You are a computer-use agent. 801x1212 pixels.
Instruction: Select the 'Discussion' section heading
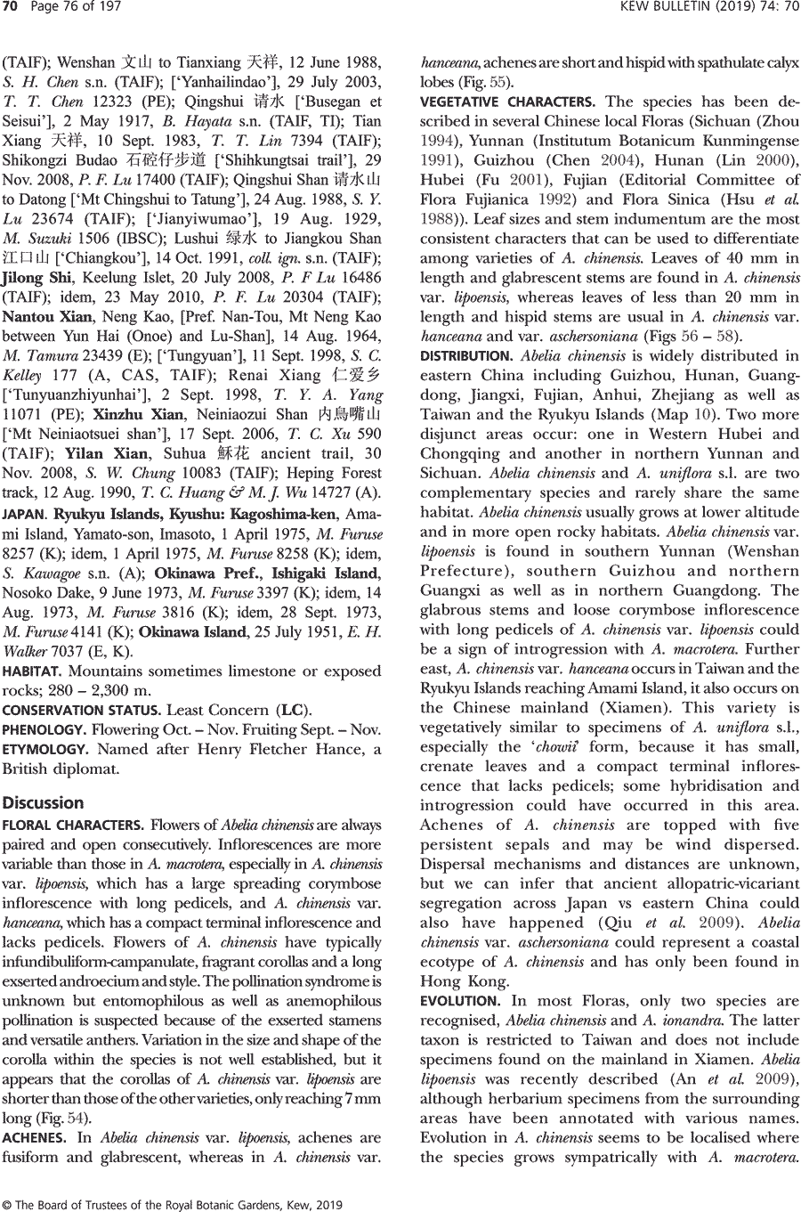[44, 802]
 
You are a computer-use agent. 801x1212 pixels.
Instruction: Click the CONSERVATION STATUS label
[80, 711]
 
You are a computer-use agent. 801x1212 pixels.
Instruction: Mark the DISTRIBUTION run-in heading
[465, 356]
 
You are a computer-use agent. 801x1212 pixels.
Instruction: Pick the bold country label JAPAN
[23, 515]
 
